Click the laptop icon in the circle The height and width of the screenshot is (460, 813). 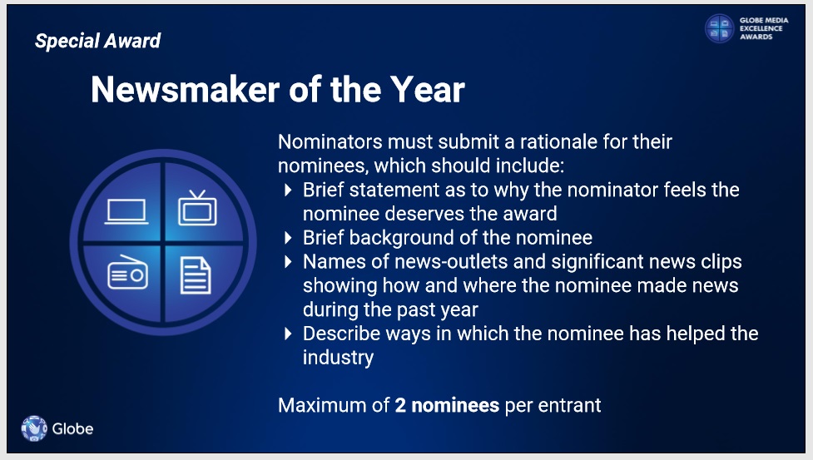126,212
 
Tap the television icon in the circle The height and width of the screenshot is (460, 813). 197,208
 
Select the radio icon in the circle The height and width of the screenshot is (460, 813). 127,273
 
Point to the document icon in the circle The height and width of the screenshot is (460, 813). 196,275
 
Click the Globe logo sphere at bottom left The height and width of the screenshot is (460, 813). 34,428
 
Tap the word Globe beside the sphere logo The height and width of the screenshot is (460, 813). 72,429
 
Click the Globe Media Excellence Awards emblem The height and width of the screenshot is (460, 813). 719,28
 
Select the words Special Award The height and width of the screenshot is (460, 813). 98,41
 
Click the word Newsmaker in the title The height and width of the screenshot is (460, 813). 186,90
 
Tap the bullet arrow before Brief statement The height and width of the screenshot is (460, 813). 288,190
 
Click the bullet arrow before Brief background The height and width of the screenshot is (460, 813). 288,238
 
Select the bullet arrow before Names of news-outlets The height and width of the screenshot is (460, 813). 288,261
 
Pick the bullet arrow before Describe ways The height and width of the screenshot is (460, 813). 288,334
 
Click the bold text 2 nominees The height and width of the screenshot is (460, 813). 447,405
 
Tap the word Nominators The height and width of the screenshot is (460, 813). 330,142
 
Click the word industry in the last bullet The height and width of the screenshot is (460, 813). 338,358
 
